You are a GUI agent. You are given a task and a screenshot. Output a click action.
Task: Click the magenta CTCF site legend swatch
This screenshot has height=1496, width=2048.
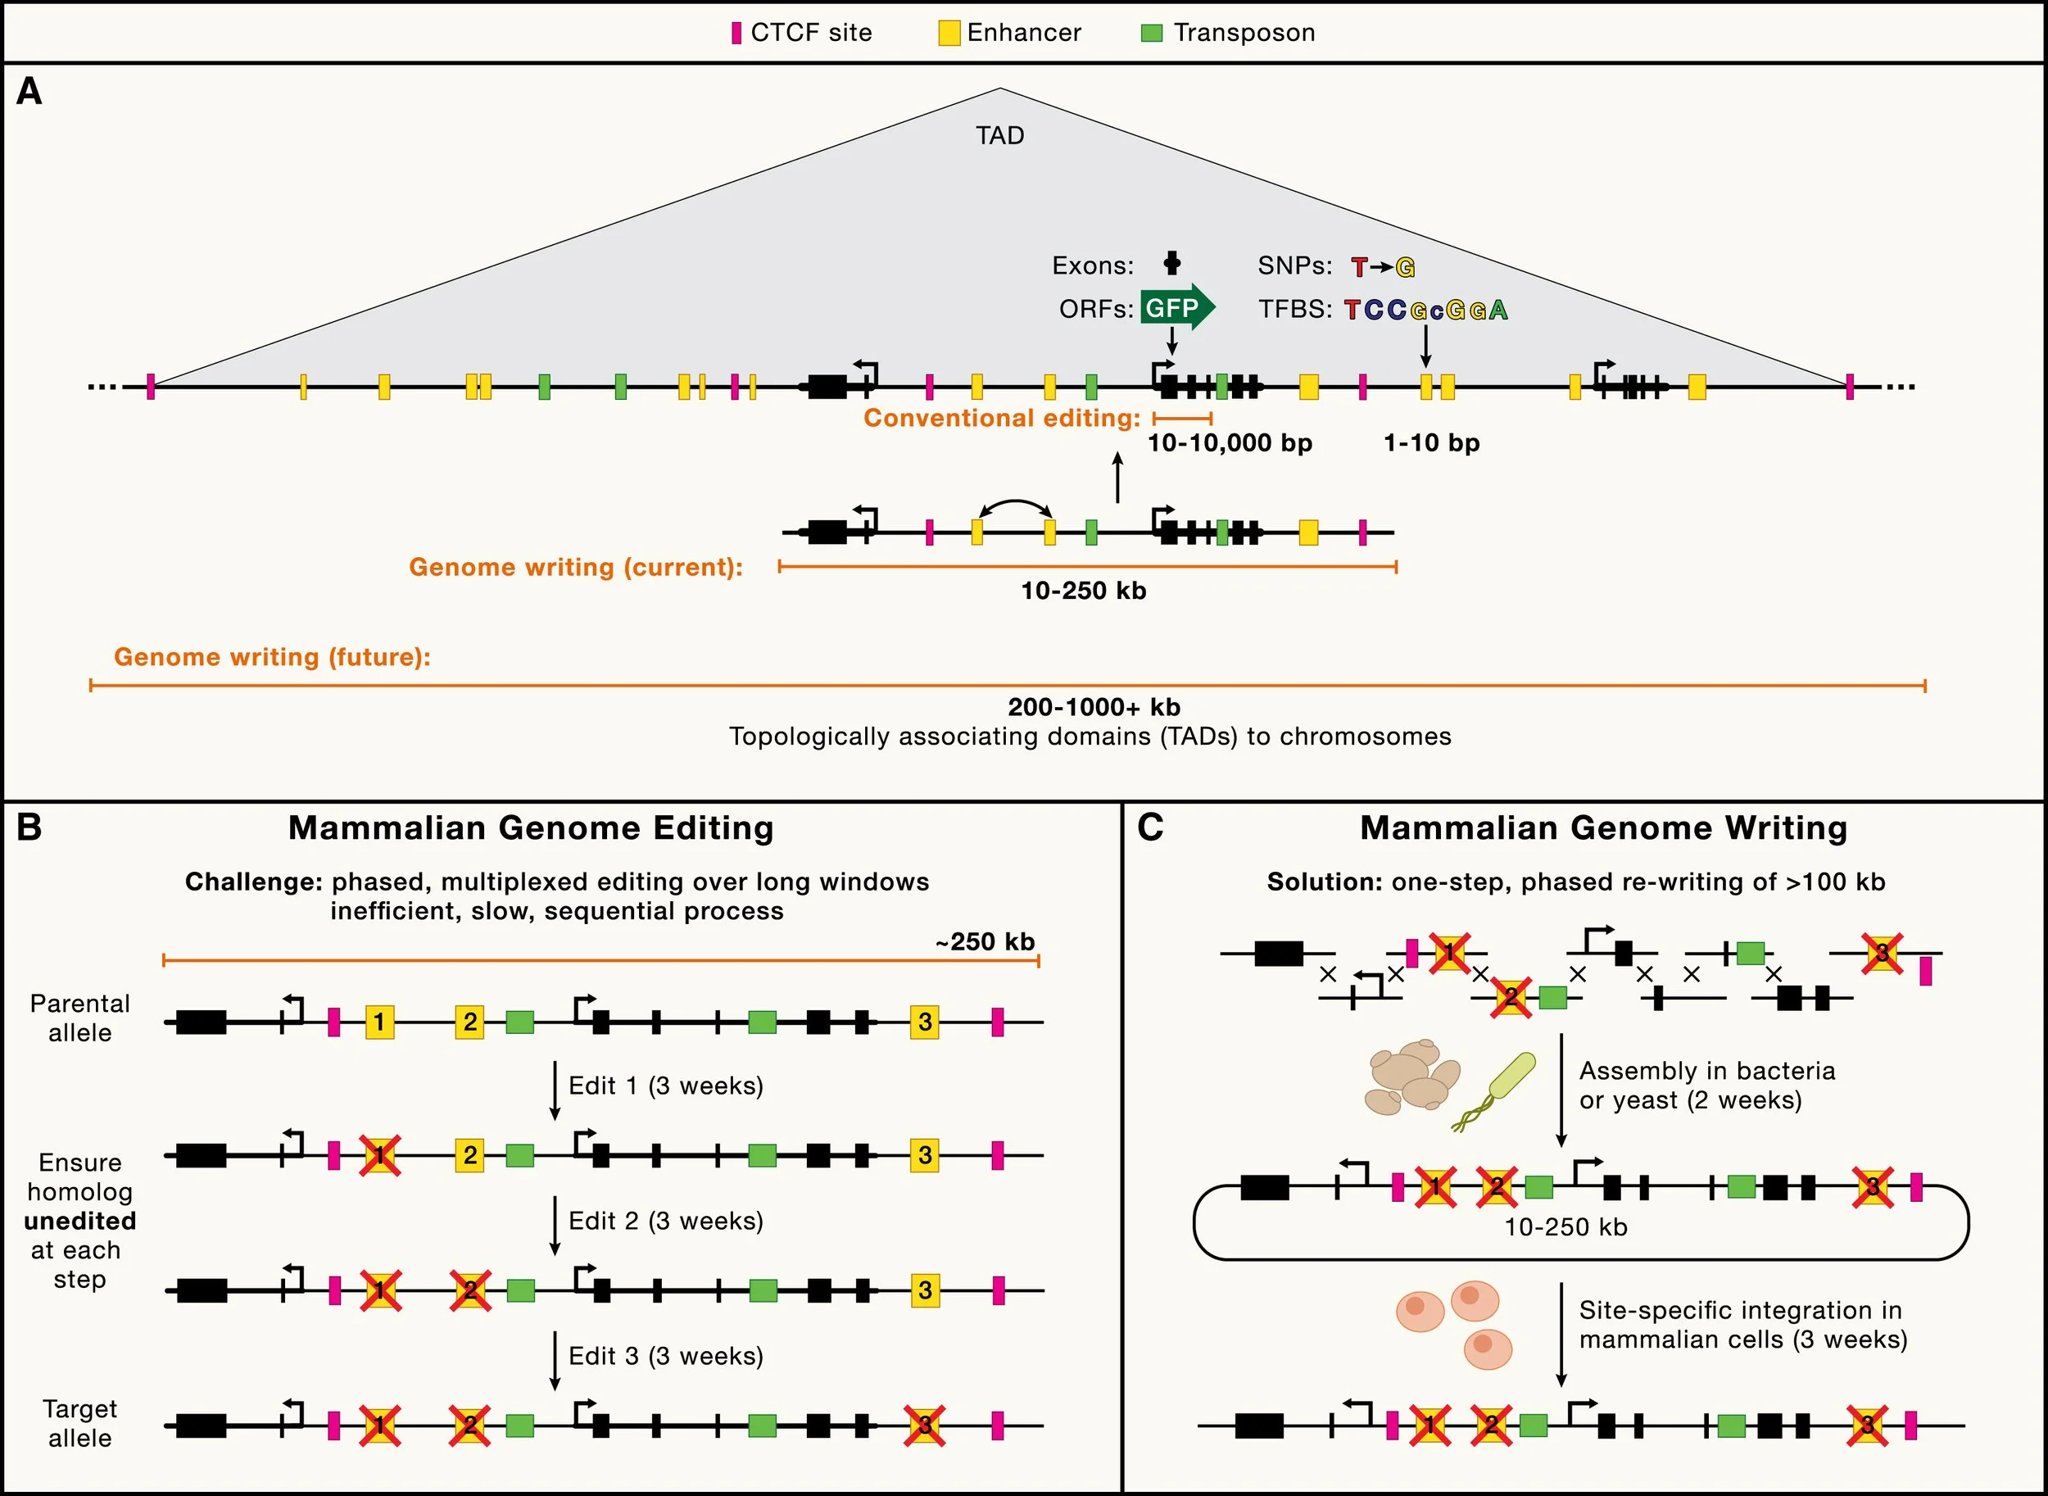736,34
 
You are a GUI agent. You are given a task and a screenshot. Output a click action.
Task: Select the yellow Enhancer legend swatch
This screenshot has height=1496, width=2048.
948,34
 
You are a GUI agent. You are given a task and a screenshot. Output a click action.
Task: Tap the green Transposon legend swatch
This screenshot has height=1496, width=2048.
1151,34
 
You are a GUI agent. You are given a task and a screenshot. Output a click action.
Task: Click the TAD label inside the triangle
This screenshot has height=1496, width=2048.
999,136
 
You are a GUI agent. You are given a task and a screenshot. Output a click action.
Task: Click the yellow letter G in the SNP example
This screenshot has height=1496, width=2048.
1405,267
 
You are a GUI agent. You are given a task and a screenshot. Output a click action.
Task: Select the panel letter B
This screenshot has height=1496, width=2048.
29,827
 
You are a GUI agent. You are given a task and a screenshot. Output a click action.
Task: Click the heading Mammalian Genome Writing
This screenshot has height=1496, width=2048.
1603,827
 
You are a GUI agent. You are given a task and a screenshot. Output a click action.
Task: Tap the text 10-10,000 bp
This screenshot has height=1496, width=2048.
1230,443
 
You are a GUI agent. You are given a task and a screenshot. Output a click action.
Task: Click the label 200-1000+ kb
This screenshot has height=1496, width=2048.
1094,706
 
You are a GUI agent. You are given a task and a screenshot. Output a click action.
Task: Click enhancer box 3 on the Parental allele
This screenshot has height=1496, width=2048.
924,1022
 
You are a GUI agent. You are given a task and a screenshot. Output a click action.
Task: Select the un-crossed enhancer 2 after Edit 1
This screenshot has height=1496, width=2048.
469,1155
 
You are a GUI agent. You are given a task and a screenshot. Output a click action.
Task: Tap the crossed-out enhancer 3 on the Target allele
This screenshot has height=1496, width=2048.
924,1426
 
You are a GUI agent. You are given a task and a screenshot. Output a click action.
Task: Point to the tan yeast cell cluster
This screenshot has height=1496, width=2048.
1410,1077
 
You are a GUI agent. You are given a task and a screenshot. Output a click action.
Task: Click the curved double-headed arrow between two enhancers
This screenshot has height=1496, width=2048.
1013,506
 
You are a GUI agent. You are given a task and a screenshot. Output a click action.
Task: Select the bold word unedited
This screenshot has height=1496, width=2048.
79,1221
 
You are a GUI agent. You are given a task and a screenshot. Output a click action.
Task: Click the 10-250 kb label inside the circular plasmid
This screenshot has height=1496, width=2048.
1565,1227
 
